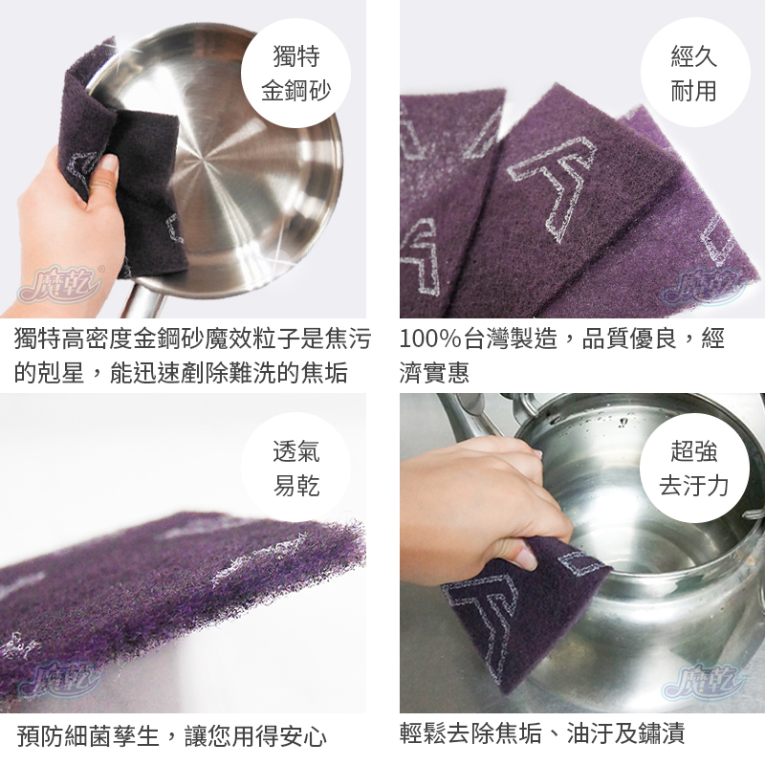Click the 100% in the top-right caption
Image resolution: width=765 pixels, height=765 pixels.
pyautogui.click(x=429, y=339)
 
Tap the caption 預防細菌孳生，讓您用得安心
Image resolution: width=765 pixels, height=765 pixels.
pyautogui.click(x=172, y=736)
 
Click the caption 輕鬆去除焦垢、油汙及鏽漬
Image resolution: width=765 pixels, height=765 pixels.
pyautogui.click(x=542, y=734)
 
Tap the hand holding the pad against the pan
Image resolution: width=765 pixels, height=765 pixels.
pyautogui.click(x=57, y=220)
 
